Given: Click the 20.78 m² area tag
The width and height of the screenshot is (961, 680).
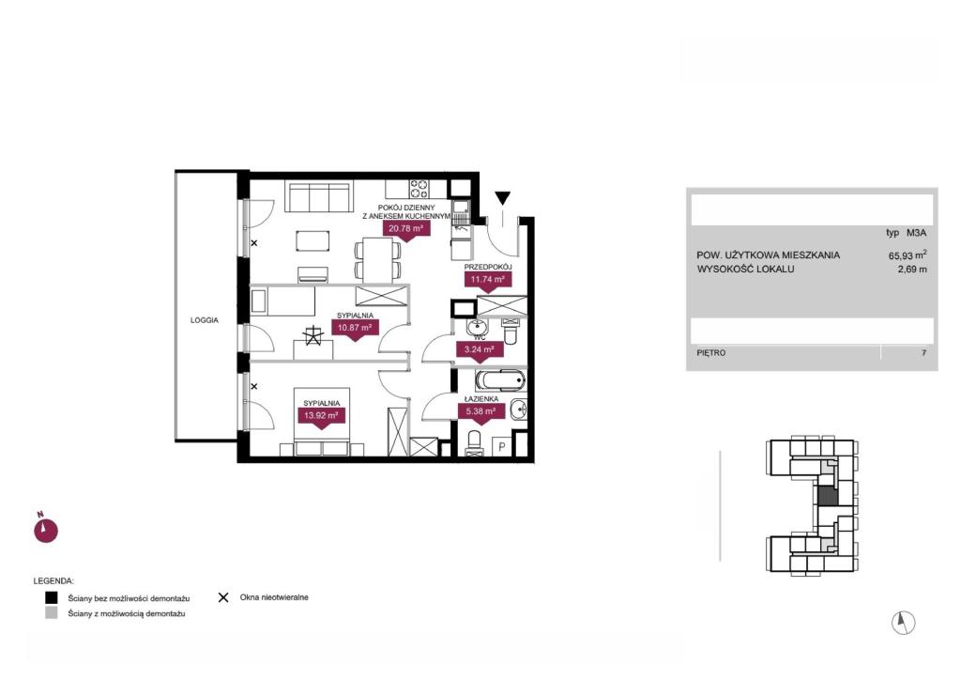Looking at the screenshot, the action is tap(406, 229).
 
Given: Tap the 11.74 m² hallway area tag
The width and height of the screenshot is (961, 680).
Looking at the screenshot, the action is tap(487, 280).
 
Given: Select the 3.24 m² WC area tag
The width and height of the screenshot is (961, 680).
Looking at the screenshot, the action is tap(480, 350).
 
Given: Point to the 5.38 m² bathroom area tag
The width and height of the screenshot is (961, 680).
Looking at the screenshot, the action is tap(481, 411).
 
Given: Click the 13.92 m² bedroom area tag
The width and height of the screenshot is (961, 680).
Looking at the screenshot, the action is tap(321, 416).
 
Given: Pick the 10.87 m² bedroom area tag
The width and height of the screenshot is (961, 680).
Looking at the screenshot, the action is tap(355, 328).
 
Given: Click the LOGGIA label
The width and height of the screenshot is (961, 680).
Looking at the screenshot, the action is tap(204, 320).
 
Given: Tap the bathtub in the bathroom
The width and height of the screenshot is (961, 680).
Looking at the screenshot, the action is tap(500, 379).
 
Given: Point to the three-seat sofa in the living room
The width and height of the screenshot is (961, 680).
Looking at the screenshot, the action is tap(319, 196).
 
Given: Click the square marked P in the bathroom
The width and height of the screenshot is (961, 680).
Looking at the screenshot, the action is tap(502, 446).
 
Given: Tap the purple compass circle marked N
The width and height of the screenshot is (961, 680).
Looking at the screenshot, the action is tap(45, 531).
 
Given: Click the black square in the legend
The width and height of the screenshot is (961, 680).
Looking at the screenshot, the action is tap(52, 597).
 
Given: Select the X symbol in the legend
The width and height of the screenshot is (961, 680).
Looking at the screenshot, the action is tap(223, 597).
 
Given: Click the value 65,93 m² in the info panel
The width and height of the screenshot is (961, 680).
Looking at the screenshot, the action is tap(908, 255).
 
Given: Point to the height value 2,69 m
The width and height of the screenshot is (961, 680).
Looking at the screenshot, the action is tap(912, 269).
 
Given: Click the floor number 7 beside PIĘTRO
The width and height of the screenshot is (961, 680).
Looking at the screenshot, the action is tap(923, 352).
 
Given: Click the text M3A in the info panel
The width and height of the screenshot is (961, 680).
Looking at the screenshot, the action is tap(917, 232).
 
